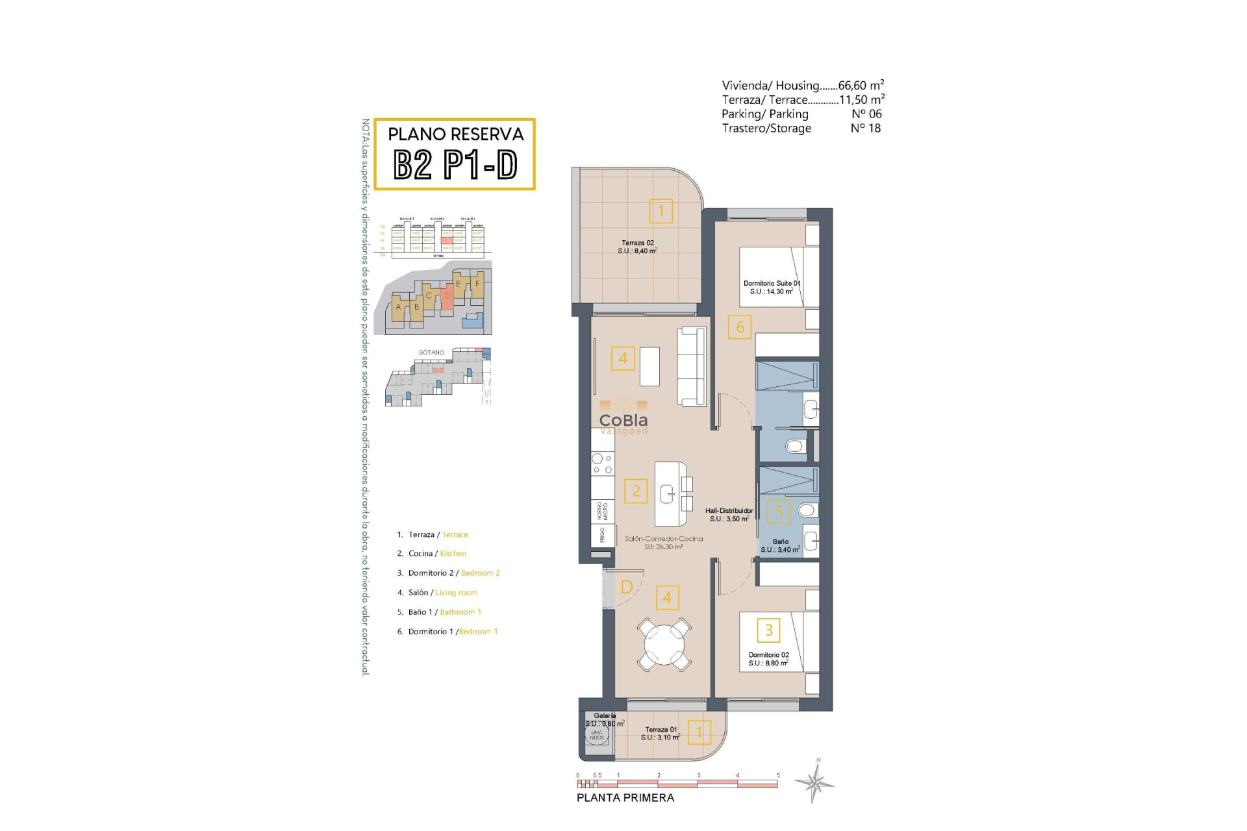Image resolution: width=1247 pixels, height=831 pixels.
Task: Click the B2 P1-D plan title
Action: (x=455, y=164)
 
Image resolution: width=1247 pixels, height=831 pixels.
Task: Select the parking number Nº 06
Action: (x=866, y=114)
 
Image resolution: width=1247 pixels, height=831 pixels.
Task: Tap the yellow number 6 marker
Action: (x=740, y=327)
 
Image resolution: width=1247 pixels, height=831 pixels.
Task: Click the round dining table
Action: (x=664, y=644)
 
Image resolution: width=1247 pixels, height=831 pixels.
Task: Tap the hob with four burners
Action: (x=602, y=464)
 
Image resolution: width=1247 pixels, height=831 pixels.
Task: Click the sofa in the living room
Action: (x=691, y=366)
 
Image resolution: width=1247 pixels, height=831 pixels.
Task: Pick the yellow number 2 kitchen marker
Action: (x=636, y=491)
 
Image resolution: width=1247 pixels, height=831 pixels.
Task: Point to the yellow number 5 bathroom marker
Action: (x=779, y=511)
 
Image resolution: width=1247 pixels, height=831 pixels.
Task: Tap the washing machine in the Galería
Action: (x=596, y=735)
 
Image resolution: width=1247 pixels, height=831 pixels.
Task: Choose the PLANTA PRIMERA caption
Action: (x=625, y=798)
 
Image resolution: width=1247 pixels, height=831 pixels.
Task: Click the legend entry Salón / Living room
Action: (x=442, y=593)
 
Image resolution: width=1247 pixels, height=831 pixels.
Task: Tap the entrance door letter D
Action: (x=626, y=587)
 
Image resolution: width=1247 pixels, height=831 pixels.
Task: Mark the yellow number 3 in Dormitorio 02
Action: (x=768, y=630)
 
